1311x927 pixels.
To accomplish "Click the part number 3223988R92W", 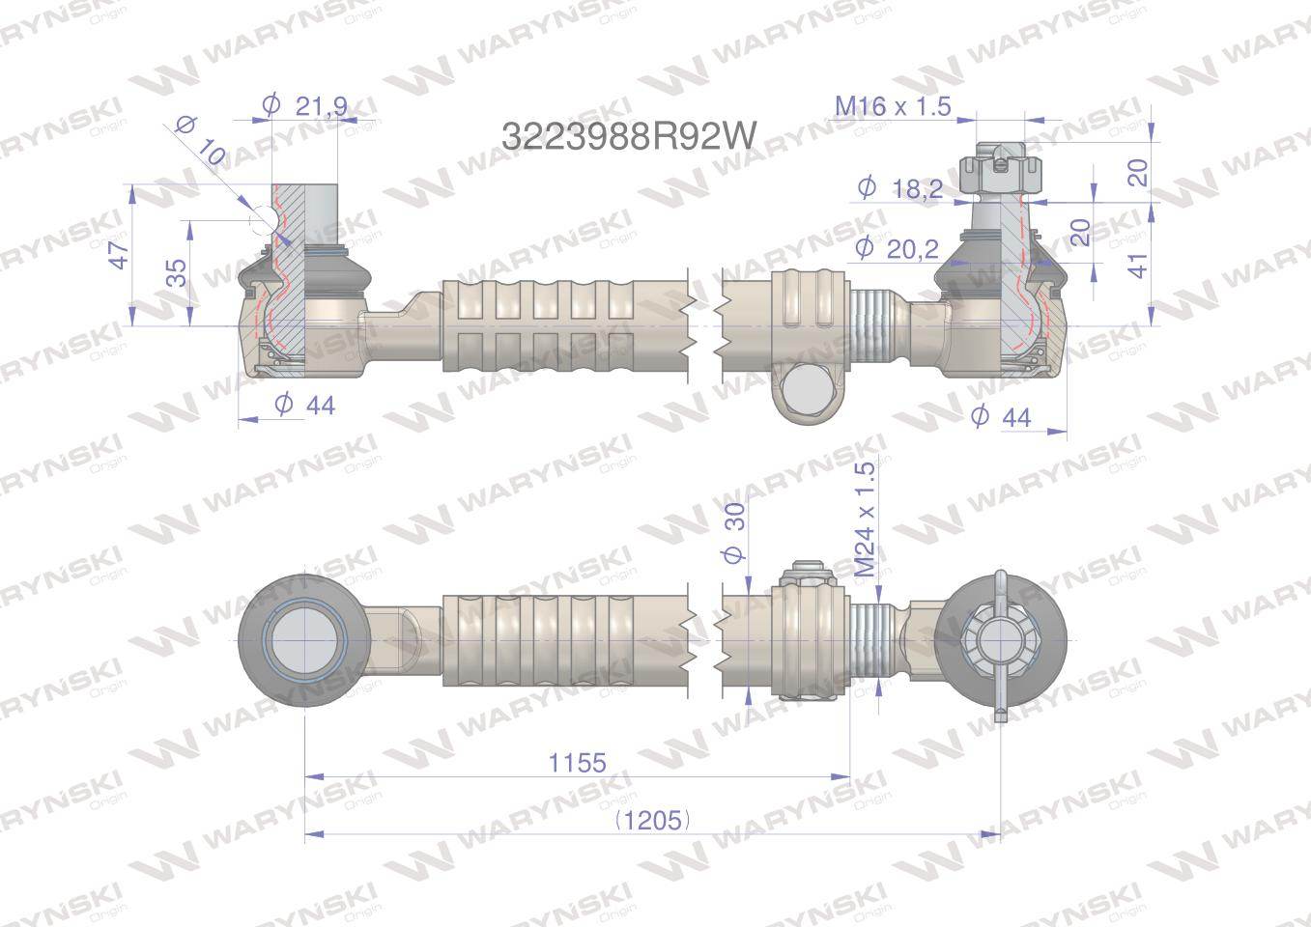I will pos(628,135).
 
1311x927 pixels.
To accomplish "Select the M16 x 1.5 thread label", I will pos(893,105).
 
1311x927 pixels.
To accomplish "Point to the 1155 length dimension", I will pos(577,762).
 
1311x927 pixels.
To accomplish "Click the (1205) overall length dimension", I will pos(653,820).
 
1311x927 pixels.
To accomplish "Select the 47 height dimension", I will pos(118,255).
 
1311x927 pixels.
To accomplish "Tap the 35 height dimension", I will pos(176,273).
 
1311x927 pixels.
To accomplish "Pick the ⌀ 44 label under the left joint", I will pos(304,405).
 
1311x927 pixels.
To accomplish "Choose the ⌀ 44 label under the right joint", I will pos(1001,416).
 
